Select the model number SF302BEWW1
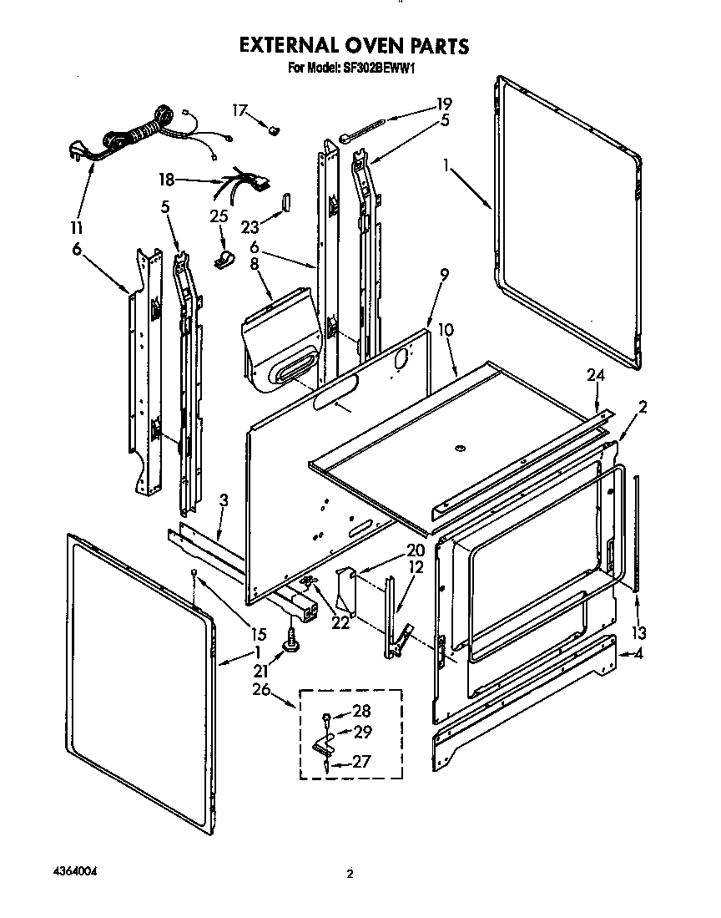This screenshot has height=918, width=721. [376, 68]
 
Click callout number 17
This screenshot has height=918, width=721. [239, 109]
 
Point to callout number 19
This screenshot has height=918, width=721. [444, 104]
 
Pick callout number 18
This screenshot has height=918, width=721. [167, 179]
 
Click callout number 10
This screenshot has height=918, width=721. [446, 331]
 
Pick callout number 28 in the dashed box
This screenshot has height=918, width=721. [362, 711]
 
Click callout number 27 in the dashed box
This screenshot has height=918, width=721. [362, 761]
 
